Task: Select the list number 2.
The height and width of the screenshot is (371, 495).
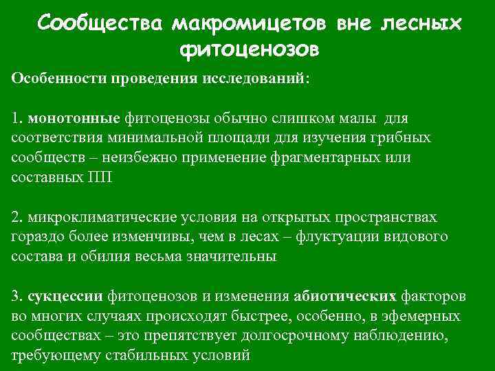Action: coord(16,217)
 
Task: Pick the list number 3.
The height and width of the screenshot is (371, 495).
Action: coord(16,297)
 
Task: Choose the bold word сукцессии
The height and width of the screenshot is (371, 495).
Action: coord(66,297)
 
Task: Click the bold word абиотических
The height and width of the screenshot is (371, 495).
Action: coord(344,297)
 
